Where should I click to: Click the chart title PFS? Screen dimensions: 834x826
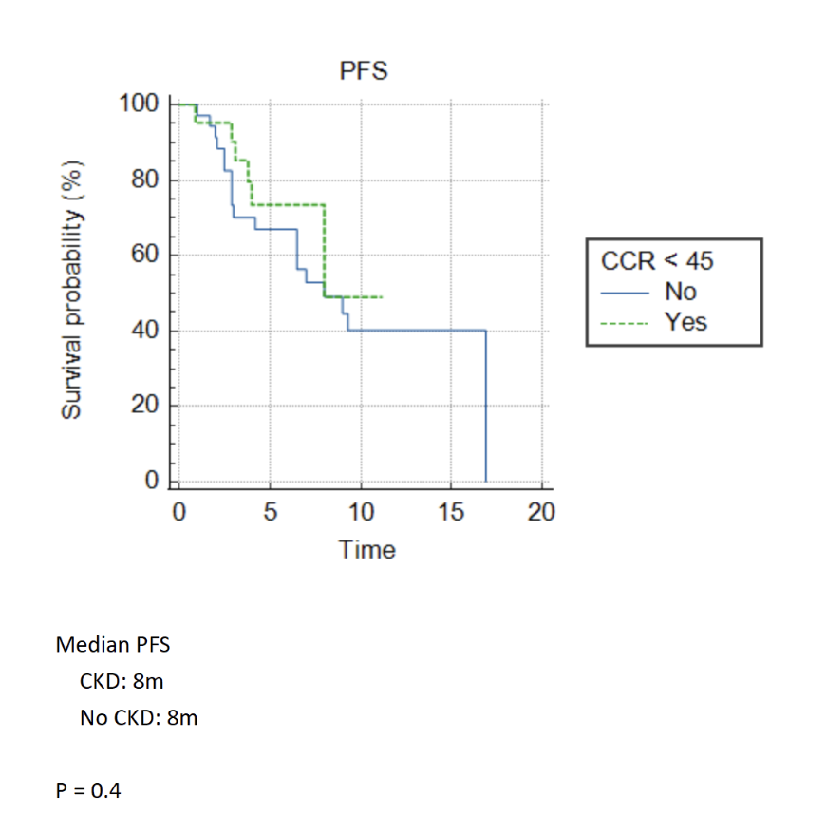[x=365, y=70]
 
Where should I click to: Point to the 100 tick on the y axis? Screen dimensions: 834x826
[x=139, y=103]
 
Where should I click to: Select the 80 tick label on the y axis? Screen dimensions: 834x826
[x=144, y=179]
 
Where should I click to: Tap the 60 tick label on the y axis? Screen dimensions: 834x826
[x=144, y=255]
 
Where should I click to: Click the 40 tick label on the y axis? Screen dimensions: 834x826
[x=144, y=331]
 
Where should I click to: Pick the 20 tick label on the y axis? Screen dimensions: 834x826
[x=144, y=407]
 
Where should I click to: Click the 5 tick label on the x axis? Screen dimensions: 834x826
[x=270, y=513]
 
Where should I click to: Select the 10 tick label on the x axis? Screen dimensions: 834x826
[x=361, y=513]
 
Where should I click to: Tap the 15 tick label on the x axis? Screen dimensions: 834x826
[x=452, y=513]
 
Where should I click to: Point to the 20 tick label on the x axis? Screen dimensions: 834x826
[x=542, y=513]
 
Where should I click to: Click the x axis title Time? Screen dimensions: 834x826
[x=366, y=549]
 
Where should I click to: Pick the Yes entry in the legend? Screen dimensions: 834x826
[x=685, y=322]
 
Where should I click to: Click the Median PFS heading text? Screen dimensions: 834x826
[x=113, y=645]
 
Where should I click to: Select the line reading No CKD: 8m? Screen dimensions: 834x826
[x=140, y=717]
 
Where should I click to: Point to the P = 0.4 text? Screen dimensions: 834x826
[x=89, y=788]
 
